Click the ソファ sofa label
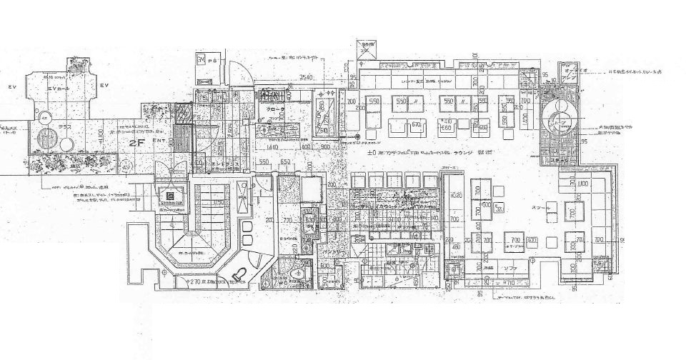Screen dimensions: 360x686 509,268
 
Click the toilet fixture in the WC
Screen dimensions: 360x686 239,274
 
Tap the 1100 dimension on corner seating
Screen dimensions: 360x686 583,184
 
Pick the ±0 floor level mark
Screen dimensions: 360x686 371,153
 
